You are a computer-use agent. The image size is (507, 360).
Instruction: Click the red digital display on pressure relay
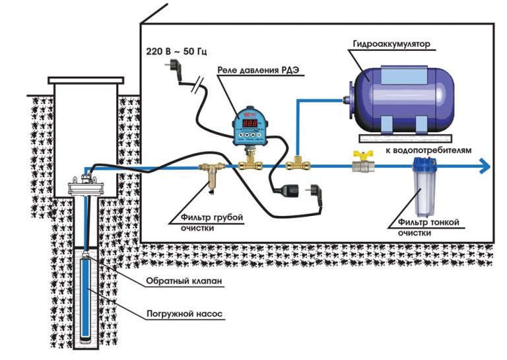(250, 124)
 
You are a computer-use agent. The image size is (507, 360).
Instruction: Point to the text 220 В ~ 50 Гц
(173, 51)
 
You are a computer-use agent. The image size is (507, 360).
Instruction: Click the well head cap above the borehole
(86, 184)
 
